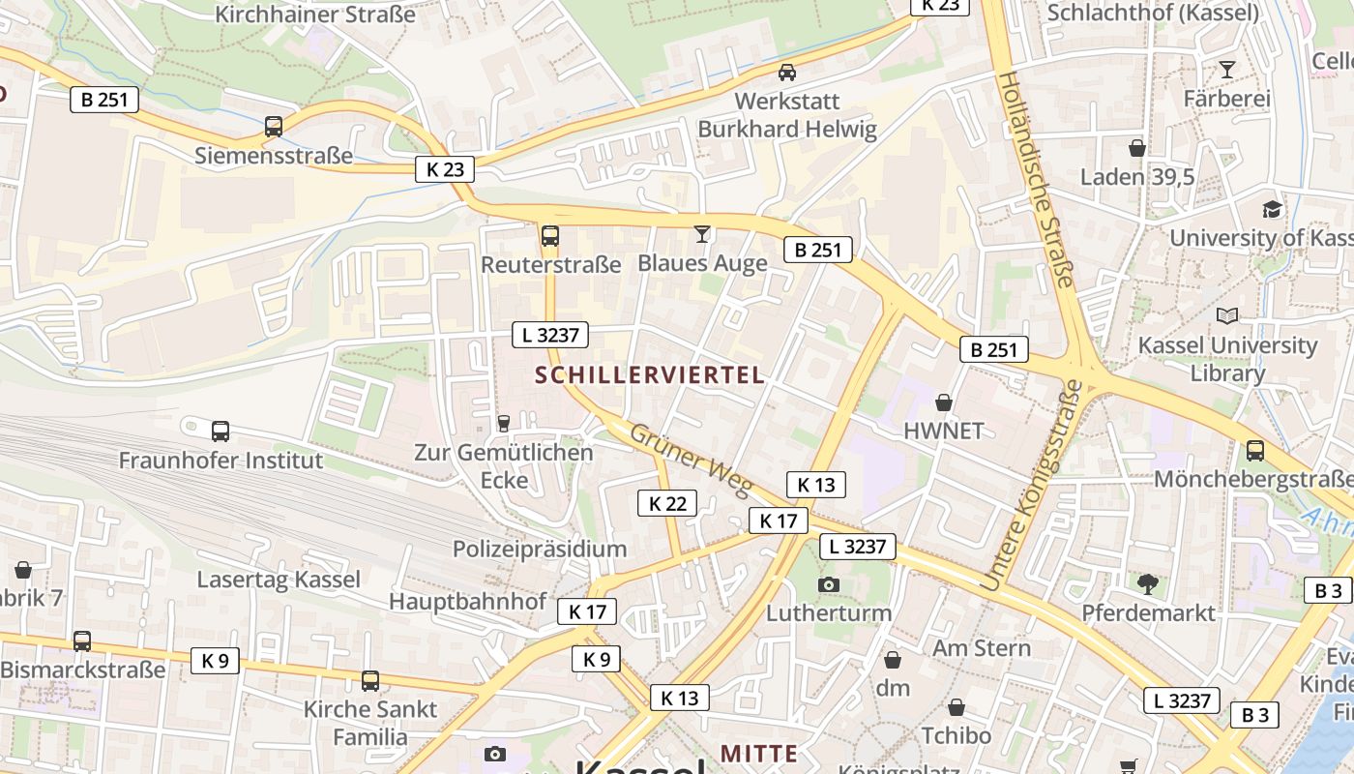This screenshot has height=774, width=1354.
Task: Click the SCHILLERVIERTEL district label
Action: click(651, 375)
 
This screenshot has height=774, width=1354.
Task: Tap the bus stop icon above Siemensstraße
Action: click(274, 127)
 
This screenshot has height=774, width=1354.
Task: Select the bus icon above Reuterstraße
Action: click(550, 235)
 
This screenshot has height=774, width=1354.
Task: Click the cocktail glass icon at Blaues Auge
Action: click(702, 234)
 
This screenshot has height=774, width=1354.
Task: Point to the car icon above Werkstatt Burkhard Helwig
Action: click(787, 73)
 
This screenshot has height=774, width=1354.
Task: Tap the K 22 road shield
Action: click(667, 503)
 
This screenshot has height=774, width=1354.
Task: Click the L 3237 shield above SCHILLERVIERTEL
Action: click(550, 336)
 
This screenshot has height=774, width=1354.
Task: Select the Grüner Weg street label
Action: click(690, 460)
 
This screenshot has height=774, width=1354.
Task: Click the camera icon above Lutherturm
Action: click(829, 584)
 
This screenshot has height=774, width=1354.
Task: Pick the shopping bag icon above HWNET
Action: click(944, 402)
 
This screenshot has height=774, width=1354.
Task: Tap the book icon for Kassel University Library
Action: click(1227, 316)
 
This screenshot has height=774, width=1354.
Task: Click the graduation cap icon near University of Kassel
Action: click(1272, 209)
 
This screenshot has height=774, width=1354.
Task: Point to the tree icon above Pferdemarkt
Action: click(1148, 583)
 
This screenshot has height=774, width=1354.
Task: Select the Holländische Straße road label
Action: click(1036, 180)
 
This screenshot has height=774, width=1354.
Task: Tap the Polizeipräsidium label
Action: click(540, 550)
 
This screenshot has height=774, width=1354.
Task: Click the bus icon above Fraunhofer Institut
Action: click(221, 432)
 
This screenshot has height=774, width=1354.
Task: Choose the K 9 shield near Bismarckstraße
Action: click(215, 661)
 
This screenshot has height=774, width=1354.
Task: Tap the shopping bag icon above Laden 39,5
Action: click(1137, 148)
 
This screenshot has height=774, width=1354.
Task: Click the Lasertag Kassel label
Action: click(279, 580)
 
